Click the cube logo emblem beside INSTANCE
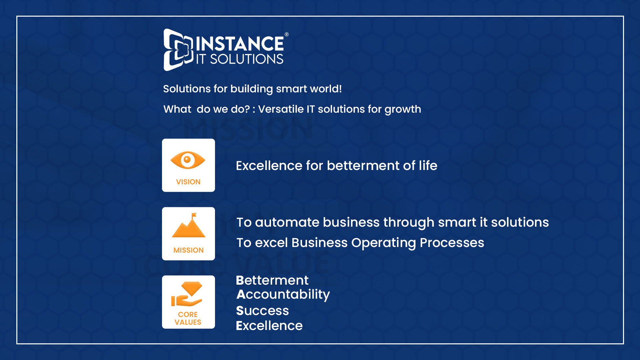(x=178, y=50)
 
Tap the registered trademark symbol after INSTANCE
(x=287, y=34)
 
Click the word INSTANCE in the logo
(x=240, y=44)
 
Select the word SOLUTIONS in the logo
(x=247, y=59)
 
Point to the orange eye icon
(x=188, y=160)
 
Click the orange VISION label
(x=188, y=182)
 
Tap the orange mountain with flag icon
(x=189, y=225)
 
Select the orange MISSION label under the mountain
(x=188, y=250)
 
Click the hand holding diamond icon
(x=187, y=294)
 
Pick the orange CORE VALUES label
(x=188, y=318)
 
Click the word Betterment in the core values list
(x=272, y=280)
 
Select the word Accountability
(x=283, y=295)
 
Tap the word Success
(x=262, y=311)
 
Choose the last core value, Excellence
(x=269, y=326)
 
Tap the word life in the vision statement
(x=428, y=165)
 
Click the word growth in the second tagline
(x=403, y=110)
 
